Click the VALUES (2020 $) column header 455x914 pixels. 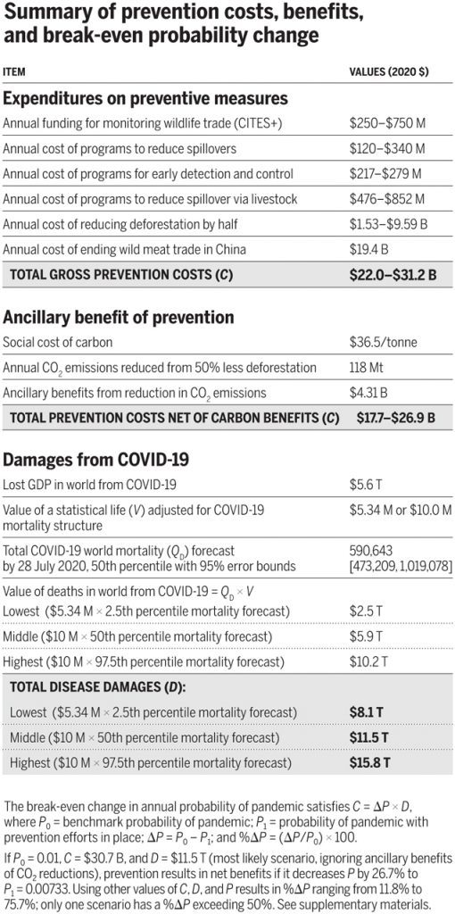pos(389,72)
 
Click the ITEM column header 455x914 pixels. pos(14,72)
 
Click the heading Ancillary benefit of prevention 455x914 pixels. pos(119,317)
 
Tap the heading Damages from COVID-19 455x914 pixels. pos(96,460)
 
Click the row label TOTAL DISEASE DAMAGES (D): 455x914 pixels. pos(97,686)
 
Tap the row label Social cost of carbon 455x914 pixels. pos(58,342)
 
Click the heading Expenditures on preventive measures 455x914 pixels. pos(145,98)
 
